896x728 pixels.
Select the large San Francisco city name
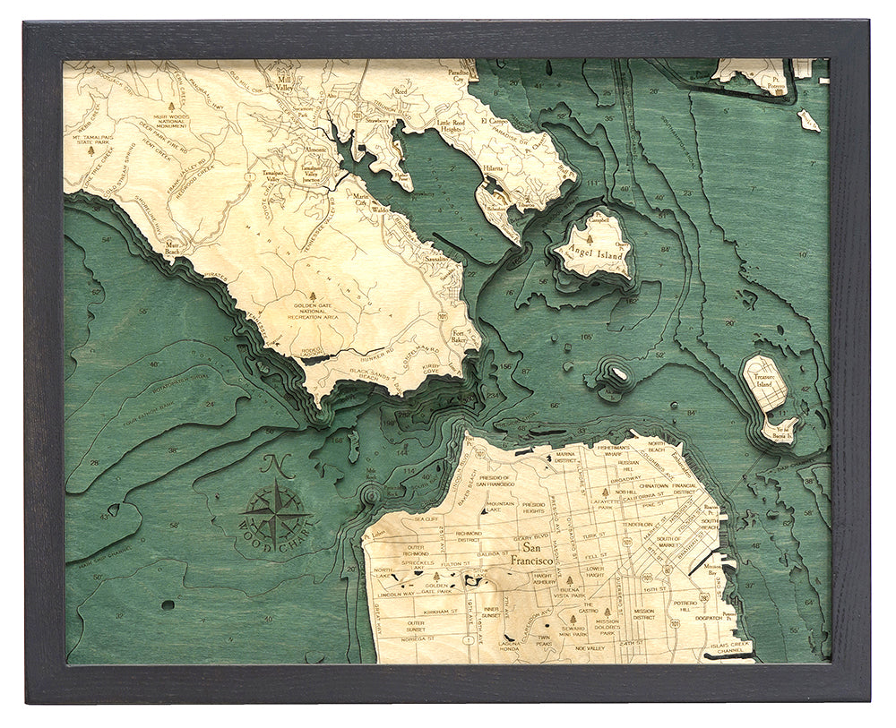click(532, 555)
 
